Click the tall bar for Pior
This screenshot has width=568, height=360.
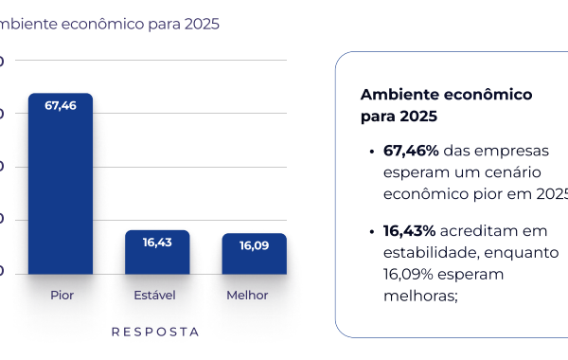tap(61, 185)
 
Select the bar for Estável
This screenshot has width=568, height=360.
tap(157, 253)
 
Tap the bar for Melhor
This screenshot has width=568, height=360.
tap(254, 255)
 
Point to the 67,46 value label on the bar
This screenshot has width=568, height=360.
tap(61, 105)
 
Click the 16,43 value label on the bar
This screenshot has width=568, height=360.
tap(157, 243)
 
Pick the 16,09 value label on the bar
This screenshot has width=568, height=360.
tap(254, 245)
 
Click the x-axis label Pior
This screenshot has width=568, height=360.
tap(62, 296)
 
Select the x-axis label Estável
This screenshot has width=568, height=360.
tap(155, 296)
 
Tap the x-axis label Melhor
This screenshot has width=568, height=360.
tap(247, 296)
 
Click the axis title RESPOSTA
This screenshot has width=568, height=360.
tap(155, 333)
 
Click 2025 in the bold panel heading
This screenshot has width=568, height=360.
tap(417, 117)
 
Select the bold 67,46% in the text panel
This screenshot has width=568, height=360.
tap(411, 151)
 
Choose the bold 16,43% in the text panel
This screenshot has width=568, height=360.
tap(410, 231)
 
